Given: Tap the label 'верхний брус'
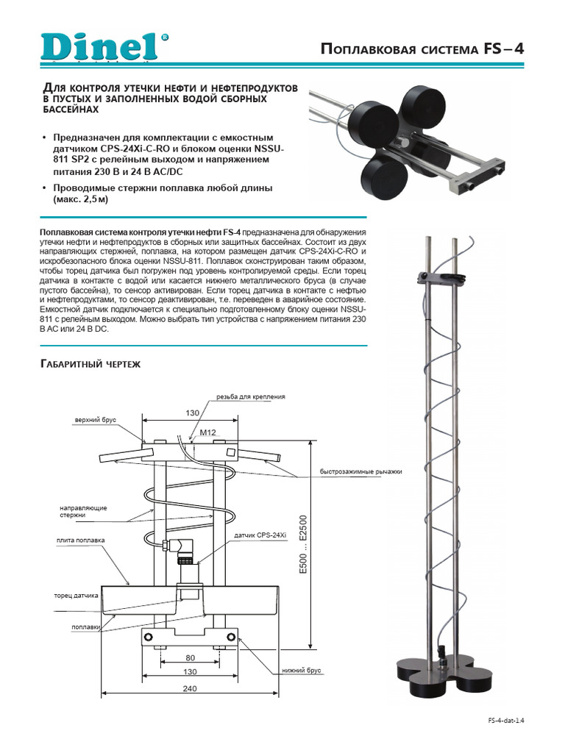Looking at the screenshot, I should [95, 421].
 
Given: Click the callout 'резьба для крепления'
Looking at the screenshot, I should [250, 396].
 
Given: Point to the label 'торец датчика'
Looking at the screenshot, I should [76, 595].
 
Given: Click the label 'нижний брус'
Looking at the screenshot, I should [305, 671].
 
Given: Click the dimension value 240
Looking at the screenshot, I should [190, 689].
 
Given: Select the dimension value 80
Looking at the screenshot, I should [190, 657].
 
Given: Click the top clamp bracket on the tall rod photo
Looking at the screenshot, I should [441, 276].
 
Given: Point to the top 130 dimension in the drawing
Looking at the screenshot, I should [192, 414].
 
